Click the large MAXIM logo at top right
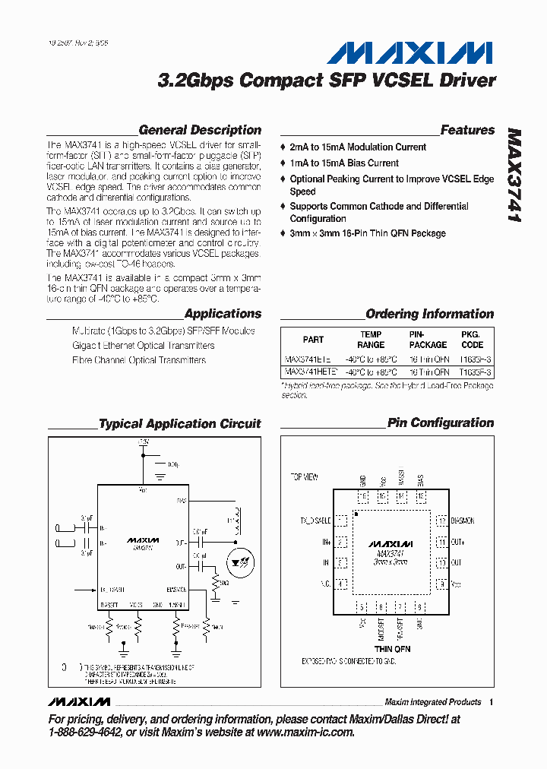(x=410, y=52)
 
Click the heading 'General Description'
(x=200, y=130)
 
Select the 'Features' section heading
(x=467, y=130)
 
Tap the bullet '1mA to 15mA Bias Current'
(x=344, y=163)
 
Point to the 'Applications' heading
(x=223, y=313)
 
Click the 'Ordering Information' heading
(x=429, y=313)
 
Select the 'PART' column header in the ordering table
(x=313, y=340)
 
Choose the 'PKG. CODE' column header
(x=472, y=340)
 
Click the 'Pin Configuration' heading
(x=440, y=422)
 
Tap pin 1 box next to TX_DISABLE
(x=342, y=521)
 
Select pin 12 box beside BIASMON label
(x=440, y=521)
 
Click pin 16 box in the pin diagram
(x=363, y=497)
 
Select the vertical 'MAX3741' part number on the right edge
(x=515, y=175)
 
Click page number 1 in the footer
(x=492, y=702)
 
